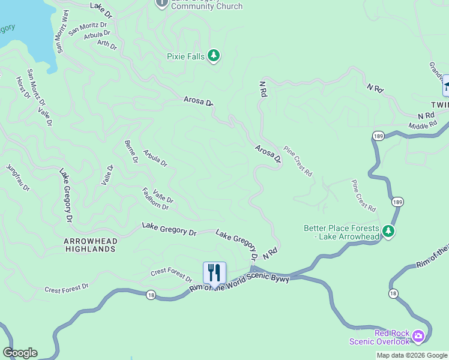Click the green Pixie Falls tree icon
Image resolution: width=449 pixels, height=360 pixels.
click(214, 56)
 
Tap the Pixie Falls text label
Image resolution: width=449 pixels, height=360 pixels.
click(185, 57)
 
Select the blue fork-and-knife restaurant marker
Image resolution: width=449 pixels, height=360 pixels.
click(214, 272)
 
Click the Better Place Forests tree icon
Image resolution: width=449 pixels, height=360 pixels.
click(388, 232)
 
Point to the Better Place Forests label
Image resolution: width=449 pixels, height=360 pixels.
click(341, 232)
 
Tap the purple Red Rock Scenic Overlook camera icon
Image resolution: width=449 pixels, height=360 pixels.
click(418, 337)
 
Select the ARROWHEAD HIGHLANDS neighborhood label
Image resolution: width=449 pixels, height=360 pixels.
click(91, 244)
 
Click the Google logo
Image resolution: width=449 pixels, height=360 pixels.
click(20, 353)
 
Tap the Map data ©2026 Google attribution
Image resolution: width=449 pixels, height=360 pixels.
click(411, 355)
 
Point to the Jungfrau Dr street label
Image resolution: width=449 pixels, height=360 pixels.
click(17, 178)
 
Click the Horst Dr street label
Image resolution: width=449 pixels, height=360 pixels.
click(23, 88)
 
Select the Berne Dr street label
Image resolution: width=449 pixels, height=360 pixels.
click(131, 152)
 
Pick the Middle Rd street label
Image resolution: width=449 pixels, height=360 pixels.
click(423, 125)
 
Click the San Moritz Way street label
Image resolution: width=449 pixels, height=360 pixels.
click(62, 32)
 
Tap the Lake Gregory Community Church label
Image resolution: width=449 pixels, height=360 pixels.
click(207, 6)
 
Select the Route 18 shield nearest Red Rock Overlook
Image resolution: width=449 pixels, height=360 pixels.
click(393, 293)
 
